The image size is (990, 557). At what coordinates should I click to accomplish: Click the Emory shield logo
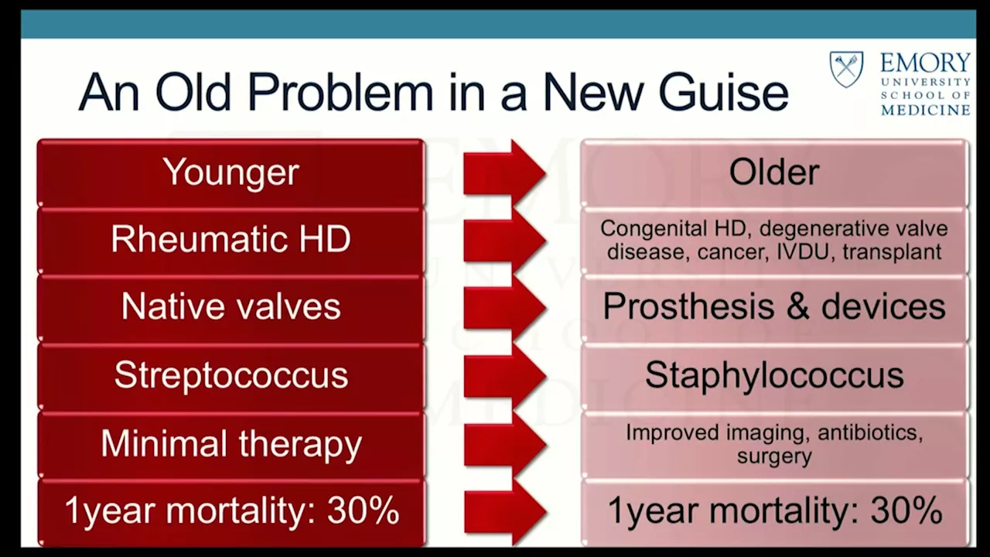coord(846,70)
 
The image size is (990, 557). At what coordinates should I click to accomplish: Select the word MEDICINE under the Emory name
coord(926,110)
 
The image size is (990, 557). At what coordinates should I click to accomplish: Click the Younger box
coord(230,173)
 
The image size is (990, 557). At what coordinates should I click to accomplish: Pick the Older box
coord(774,173)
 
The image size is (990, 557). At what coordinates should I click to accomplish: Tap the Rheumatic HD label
coord(230,239)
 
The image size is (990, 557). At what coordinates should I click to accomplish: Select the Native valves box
coord(230,308)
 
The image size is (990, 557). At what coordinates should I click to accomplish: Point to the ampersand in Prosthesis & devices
coord(797,306)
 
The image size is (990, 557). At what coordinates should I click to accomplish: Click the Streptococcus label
coord(230,375)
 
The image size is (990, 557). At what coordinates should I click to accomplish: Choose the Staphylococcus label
coord(774,375)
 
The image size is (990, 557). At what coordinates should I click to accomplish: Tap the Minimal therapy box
coord(230,444)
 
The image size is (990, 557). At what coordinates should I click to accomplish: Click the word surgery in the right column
coord(774,456)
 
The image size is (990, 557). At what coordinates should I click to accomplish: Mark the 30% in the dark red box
coord(364,510)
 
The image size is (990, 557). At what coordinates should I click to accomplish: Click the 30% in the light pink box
coord(906,510)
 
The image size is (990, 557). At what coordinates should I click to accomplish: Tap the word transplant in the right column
coord(892,252)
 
